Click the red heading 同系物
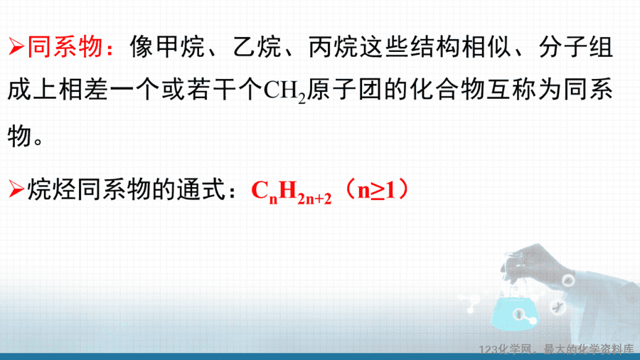65,47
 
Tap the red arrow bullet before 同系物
16,47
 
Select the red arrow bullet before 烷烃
16,190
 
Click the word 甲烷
180,47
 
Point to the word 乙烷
257,47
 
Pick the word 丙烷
334,47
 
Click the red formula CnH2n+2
292,191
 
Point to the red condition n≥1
377,190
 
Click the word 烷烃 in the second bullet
52,190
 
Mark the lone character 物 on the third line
19,136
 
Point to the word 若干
212,90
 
